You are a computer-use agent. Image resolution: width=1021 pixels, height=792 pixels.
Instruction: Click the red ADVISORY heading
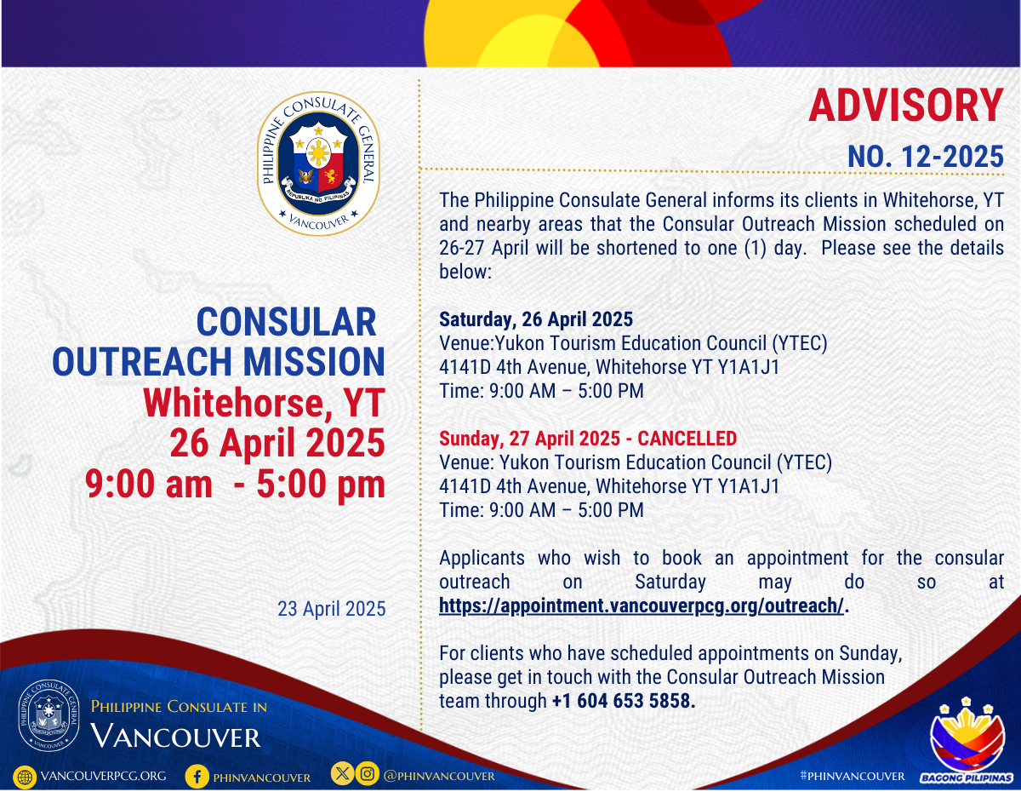[905, 106]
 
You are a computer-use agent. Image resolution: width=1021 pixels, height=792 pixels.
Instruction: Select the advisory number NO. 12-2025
[926, 157]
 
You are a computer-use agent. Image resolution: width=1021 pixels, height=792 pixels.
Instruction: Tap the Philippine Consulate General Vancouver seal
[318, 164]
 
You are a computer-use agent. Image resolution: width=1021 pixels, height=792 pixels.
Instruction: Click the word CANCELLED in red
[687, 439]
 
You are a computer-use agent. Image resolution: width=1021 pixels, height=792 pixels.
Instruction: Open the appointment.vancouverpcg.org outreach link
[642, 605]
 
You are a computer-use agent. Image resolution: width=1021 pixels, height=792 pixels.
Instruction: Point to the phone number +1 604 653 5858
[624, 701]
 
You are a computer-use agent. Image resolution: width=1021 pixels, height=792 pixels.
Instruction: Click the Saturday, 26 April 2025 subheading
[536, 319]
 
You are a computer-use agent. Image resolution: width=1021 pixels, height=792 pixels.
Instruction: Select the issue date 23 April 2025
[332, 609]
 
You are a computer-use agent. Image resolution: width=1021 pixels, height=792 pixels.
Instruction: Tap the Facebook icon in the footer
[197, 776]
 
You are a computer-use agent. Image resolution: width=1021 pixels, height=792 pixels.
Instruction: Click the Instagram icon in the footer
[367, 773]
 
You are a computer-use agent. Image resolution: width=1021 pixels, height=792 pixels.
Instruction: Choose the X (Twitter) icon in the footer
[343, 773]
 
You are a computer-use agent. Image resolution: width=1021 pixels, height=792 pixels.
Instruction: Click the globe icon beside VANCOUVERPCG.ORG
[25, 777]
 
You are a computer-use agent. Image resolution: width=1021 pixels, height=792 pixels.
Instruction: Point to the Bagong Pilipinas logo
[967, 740]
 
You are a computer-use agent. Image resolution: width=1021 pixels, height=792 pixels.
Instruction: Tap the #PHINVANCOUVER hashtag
[853, 776]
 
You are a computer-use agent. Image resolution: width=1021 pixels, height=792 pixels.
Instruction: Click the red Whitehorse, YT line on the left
[264, 403]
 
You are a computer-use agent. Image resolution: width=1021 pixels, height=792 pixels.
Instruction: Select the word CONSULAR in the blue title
[286, 322]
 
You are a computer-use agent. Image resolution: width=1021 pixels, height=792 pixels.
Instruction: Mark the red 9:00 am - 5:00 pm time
[235, 484]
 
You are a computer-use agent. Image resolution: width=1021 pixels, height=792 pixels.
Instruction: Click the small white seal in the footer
[48, 715]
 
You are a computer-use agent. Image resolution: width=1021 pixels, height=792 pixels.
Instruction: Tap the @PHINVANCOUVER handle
[439, 776]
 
